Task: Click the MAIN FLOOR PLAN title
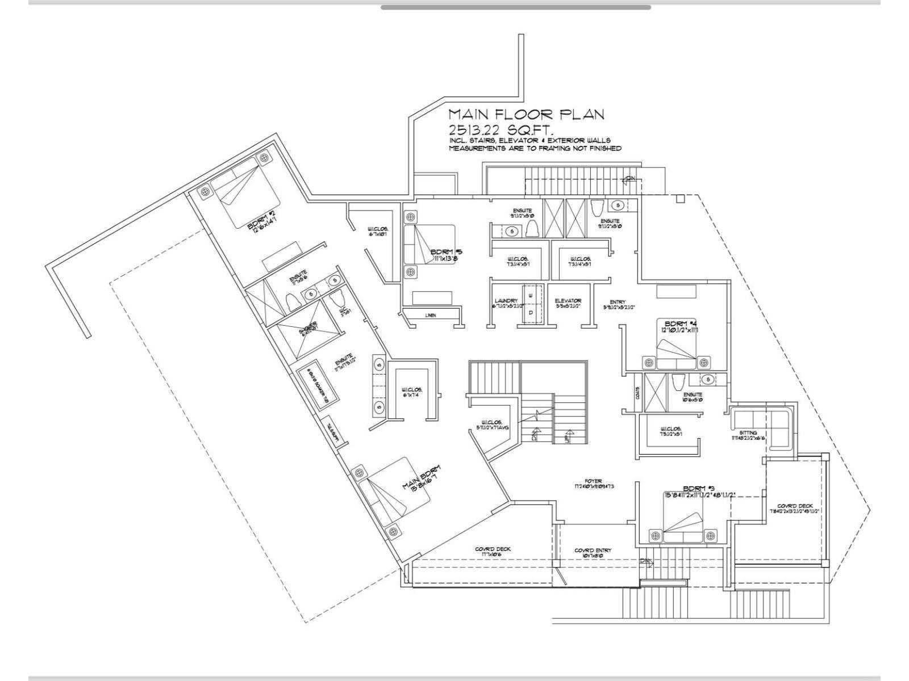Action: pos(526,115)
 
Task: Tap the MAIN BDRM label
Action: pos(421,480)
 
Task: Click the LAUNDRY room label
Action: pos(506,301)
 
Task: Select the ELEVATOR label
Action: pos(568,301)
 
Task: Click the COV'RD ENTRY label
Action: pos(593,550)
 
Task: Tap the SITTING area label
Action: pos(748,432)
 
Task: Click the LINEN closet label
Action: pos(430,316)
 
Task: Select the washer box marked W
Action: pos(531,296)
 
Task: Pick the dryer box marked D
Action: pos(531,313)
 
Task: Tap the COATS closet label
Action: pos(638,393)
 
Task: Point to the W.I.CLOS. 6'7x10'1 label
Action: pos(378,231)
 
